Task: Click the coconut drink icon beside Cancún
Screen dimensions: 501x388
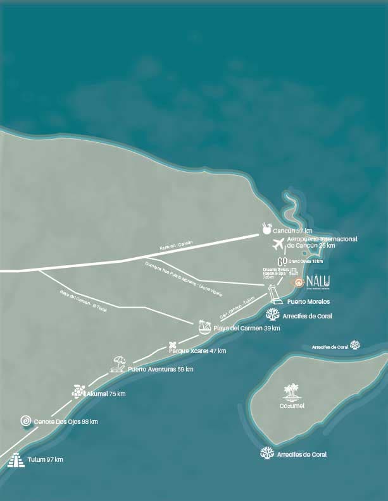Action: pyautogui.click(x=266, y=229)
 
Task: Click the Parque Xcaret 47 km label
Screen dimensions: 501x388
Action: pyautogui.click(x=203, y=351)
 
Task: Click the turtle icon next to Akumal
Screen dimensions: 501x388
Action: pyautogui.click(x=78, y=392)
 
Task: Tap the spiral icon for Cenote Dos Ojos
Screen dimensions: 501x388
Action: pyautogui.click(x=26, y=421)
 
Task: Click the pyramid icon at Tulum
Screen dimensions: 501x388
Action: pyautogui.click(x=15, y=461)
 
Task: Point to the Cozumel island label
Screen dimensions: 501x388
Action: pyautogui.click(x=291, y=406)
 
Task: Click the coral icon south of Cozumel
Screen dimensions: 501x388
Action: pyautogui.click(x=267, y=453)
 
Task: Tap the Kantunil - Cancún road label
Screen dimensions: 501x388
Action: pyautogui.click(x=175, y=244)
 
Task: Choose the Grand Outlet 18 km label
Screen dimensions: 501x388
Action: pyautogui.click(x=306, y=261)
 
